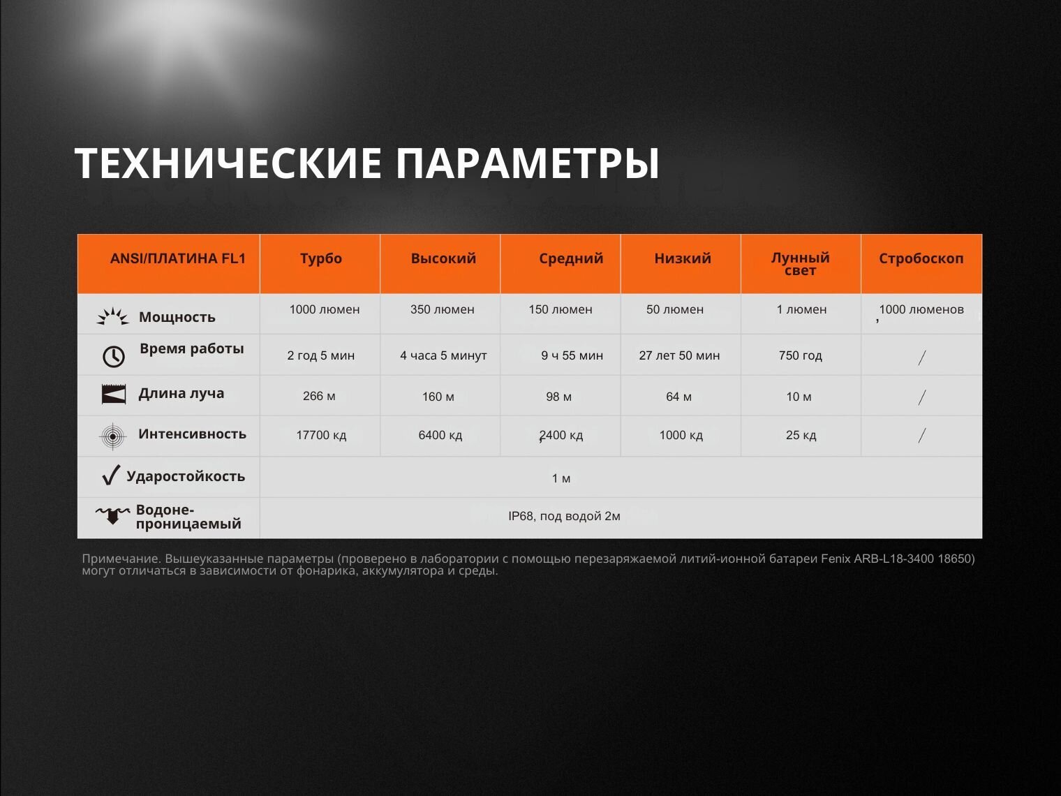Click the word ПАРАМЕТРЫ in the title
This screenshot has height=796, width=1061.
527,163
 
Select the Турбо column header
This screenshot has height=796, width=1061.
321,258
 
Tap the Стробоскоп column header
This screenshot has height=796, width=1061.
921,258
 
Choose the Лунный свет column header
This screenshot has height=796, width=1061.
801,264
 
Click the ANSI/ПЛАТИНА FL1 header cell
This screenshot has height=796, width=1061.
178,258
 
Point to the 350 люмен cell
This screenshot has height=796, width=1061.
443,309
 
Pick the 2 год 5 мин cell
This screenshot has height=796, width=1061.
321,355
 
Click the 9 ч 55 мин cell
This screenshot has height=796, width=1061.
572,355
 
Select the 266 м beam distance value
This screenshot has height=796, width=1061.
319,397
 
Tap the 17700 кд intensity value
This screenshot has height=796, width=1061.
322,436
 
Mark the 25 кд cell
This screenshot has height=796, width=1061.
801,436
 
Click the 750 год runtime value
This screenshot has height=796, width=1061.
801,355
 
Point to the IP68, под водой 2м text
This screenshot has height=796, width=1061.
564,516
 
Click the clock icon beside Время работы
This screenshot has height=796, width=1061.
114,357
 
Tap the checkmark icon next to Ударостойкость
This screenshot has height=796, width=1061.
111,475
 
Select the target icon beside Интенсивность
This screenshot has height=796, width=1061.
112,436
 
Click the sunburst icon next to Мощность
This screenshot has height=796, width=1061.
112,316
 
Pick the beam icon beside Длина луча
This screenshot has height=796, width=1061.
114,395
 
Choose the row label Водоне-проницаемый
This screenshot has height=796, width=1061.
188,517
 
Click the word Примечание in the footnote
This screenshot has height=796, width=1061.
121,559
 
